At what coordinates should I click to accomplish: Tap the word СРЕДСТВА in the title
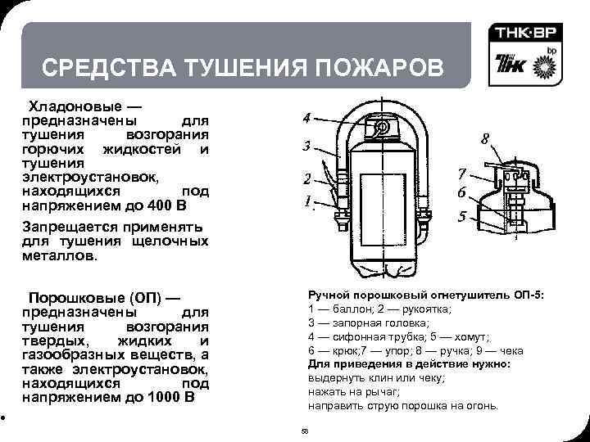tap(88, 66)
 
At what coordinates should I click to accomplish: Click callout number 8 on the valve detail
tap(485, 140)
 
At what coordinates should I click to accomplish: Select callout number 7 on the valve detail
tap(462, 174)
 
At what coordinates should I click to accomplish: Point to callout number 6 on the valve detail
tap(462, 193)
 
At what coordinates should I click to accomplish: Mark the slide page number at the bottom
tap(305, 431)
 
